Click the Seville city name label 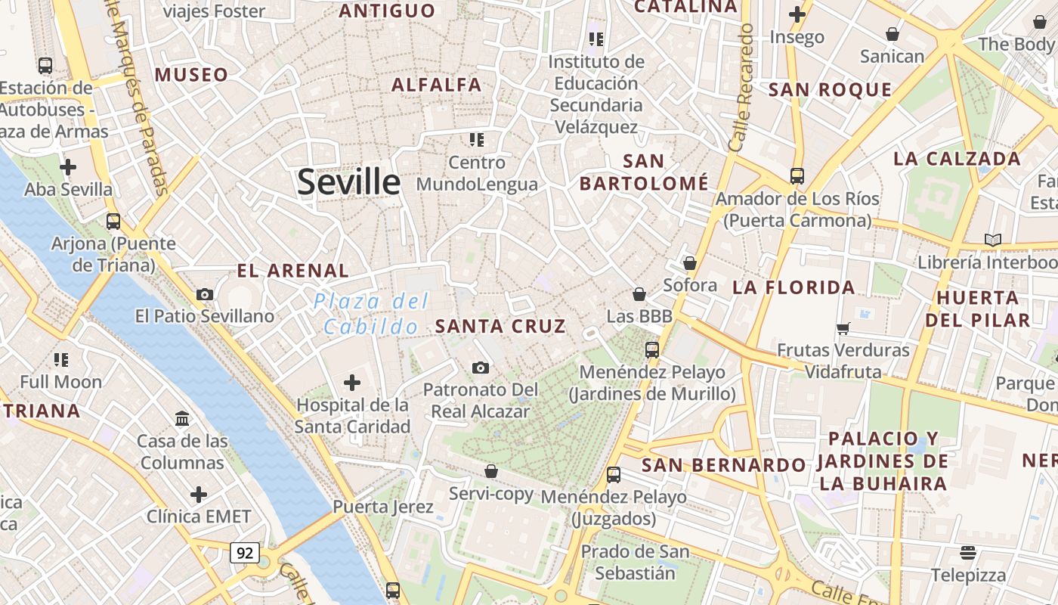(348, 182)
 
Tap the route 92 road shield (245, 553)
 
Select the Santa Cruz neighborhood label (500, 327)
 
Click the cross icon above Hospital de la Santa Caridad (352, 383)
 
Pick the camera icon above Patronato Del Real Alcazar (480, 368)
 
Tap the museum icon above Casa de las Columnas (182, 418)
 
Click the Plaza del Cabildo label (371, 314)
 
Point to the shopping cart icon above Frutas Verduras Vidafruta (843, 328)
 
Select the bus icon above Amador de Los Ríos (797, 176)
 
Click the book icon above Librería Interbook (992, 240)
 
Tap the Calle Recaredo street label (740, 87)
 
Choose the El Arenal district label (292, 271)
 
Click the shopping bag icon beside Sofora (689, 263)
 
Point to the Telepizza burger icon (968, 552)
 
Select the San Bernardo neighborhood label (723, 465)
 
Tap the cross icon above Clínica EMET (199, 495)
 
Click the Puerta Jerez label (383, 507)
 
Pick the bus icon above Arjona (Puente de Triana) (113, 222)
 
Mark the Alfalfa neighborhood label (436, 85)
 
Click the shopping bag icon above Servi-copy (491, 471)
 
